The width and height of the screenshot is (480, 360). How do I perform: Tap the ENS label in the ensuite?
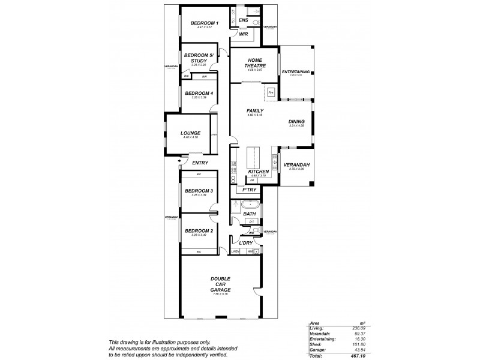(243, 21)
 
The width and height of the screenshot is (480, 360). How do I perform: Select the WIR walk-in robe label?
(244, 34)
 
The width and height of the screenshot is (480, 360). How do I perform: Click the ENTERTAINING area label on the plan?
(295, 72)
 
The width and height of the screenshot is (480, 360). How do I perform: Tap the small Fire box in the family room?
(271, 93)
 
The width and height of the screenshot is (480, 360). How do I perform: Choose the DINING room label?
(296, 121)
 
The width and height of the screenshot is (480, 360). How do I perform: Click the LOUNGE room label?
(191, 133)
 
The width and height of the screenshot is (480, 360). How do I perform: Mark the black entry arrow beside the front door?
(180, 160)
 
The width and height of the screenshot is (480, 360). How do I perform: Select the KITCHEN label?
(257, 172)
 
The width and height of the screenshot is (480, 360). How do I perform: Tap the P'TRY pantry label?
(249, 190)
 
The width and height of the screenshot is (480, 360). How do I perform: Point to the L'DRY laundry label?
(246, 243)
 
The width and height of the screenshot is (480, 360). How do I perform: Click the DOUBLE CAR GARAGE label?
(221, 284)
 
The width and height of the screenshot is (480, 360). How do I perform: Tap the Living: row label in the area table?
(317, 328)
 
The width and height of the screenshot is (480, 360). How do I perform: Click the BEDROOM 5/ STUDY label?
(199, 58)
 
